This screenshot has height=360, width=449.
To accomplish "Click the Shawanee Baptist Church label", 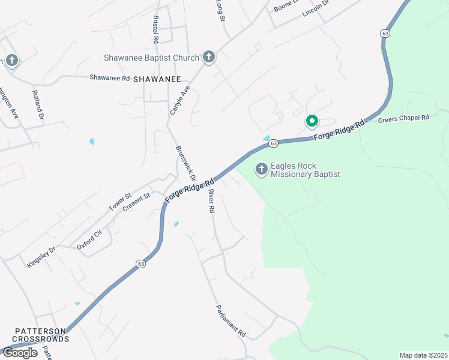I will [x=151, y=58].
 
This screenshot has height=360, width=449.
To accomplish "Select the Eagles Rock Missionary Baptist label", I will [x=306, y=170].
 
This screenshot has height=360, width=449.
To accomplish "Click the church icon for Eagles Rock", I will [x=261, y=170].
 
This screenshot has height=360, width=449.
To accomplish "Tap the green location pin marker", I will [x=312, y=121].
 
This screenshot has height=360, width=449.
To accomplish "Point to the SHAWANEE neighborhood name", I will [x=157, y=79].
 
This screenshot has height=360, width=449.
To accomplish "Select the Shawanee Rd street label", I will [x=110, y=78].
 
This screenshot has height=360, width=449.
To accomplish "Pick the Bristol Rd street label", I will [x=155, y=29].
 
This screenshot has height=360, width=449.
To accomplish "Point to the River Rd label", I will [x=211, y=202].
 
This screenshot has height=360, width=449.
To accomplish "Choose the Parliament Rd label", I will [x=231, y=320].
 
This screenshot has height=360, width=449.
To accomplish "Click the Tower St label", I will [x=119, y=202].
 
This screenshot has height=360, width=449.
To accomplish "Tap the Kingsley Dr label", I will [x=41, y=256].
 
